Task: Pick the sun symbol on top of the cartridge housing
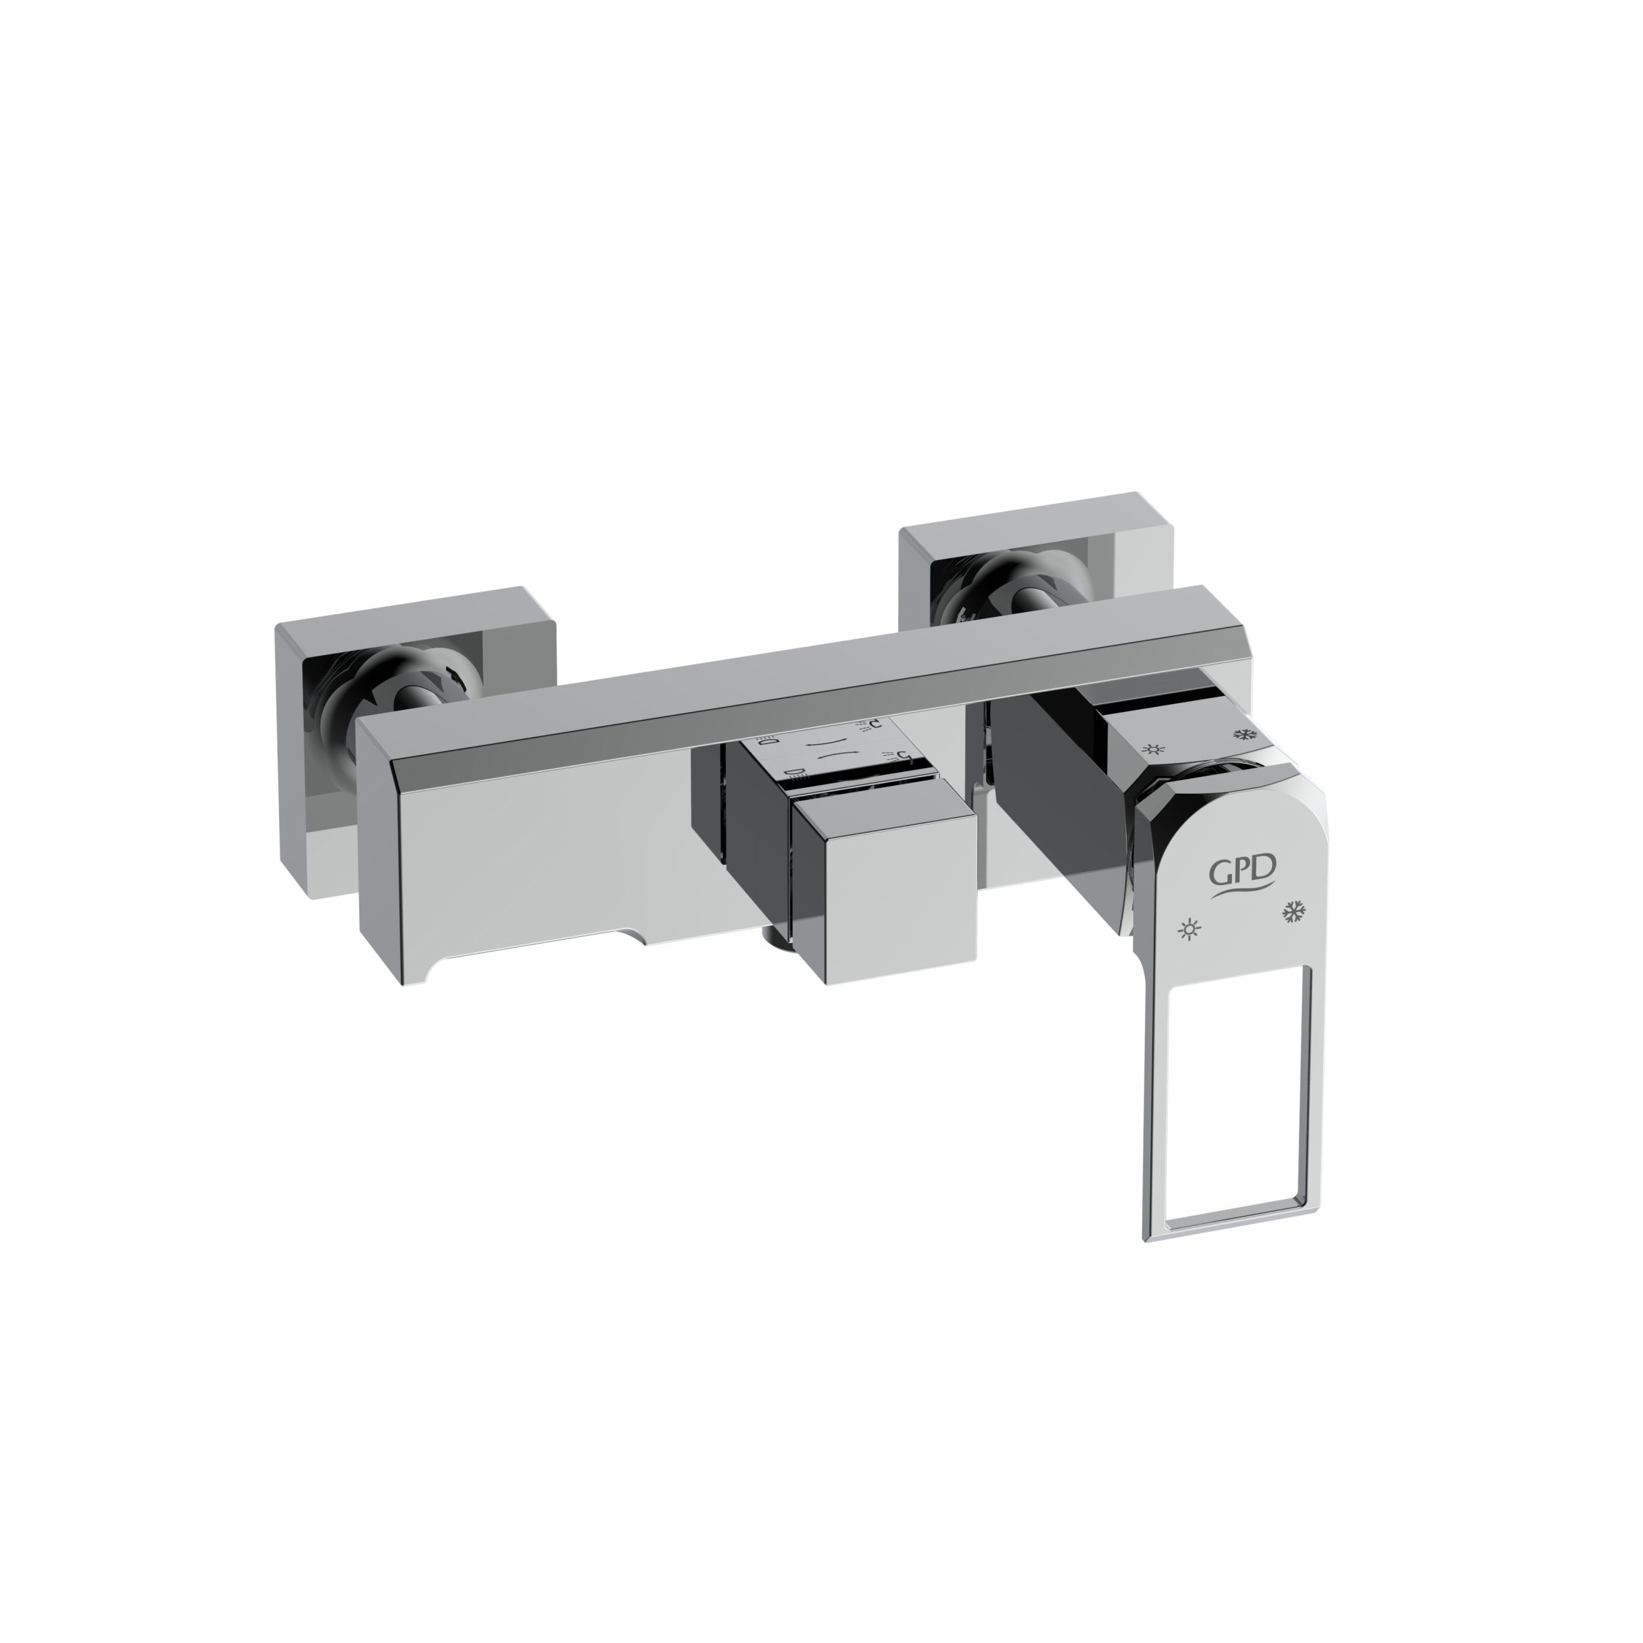tap(1153, 749)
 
